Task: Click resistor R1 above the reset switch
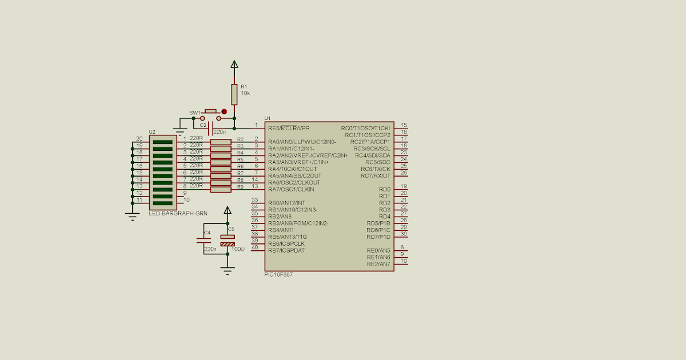(234, 94)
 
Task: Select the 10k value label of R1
(245, 93)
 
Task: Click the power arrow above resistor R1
(234, 64)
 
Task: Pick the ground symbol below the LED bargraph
(132, 216)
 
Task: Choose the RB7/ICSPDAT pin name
(286, 250)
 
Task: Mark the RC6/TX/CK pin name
(375, 169)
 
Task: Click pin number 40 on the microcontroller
(254, 247)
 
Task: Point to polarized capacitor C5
(228, 240)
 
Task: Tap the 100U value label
(238, 249)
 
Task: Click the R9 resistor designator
(240, 186)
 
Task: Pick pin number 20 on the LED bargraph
(139, 139)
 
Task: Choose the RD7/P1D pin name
(378, 237)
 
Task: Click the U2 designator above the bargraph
(152, 132)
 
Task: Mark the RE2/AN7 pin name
(378, 263)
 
